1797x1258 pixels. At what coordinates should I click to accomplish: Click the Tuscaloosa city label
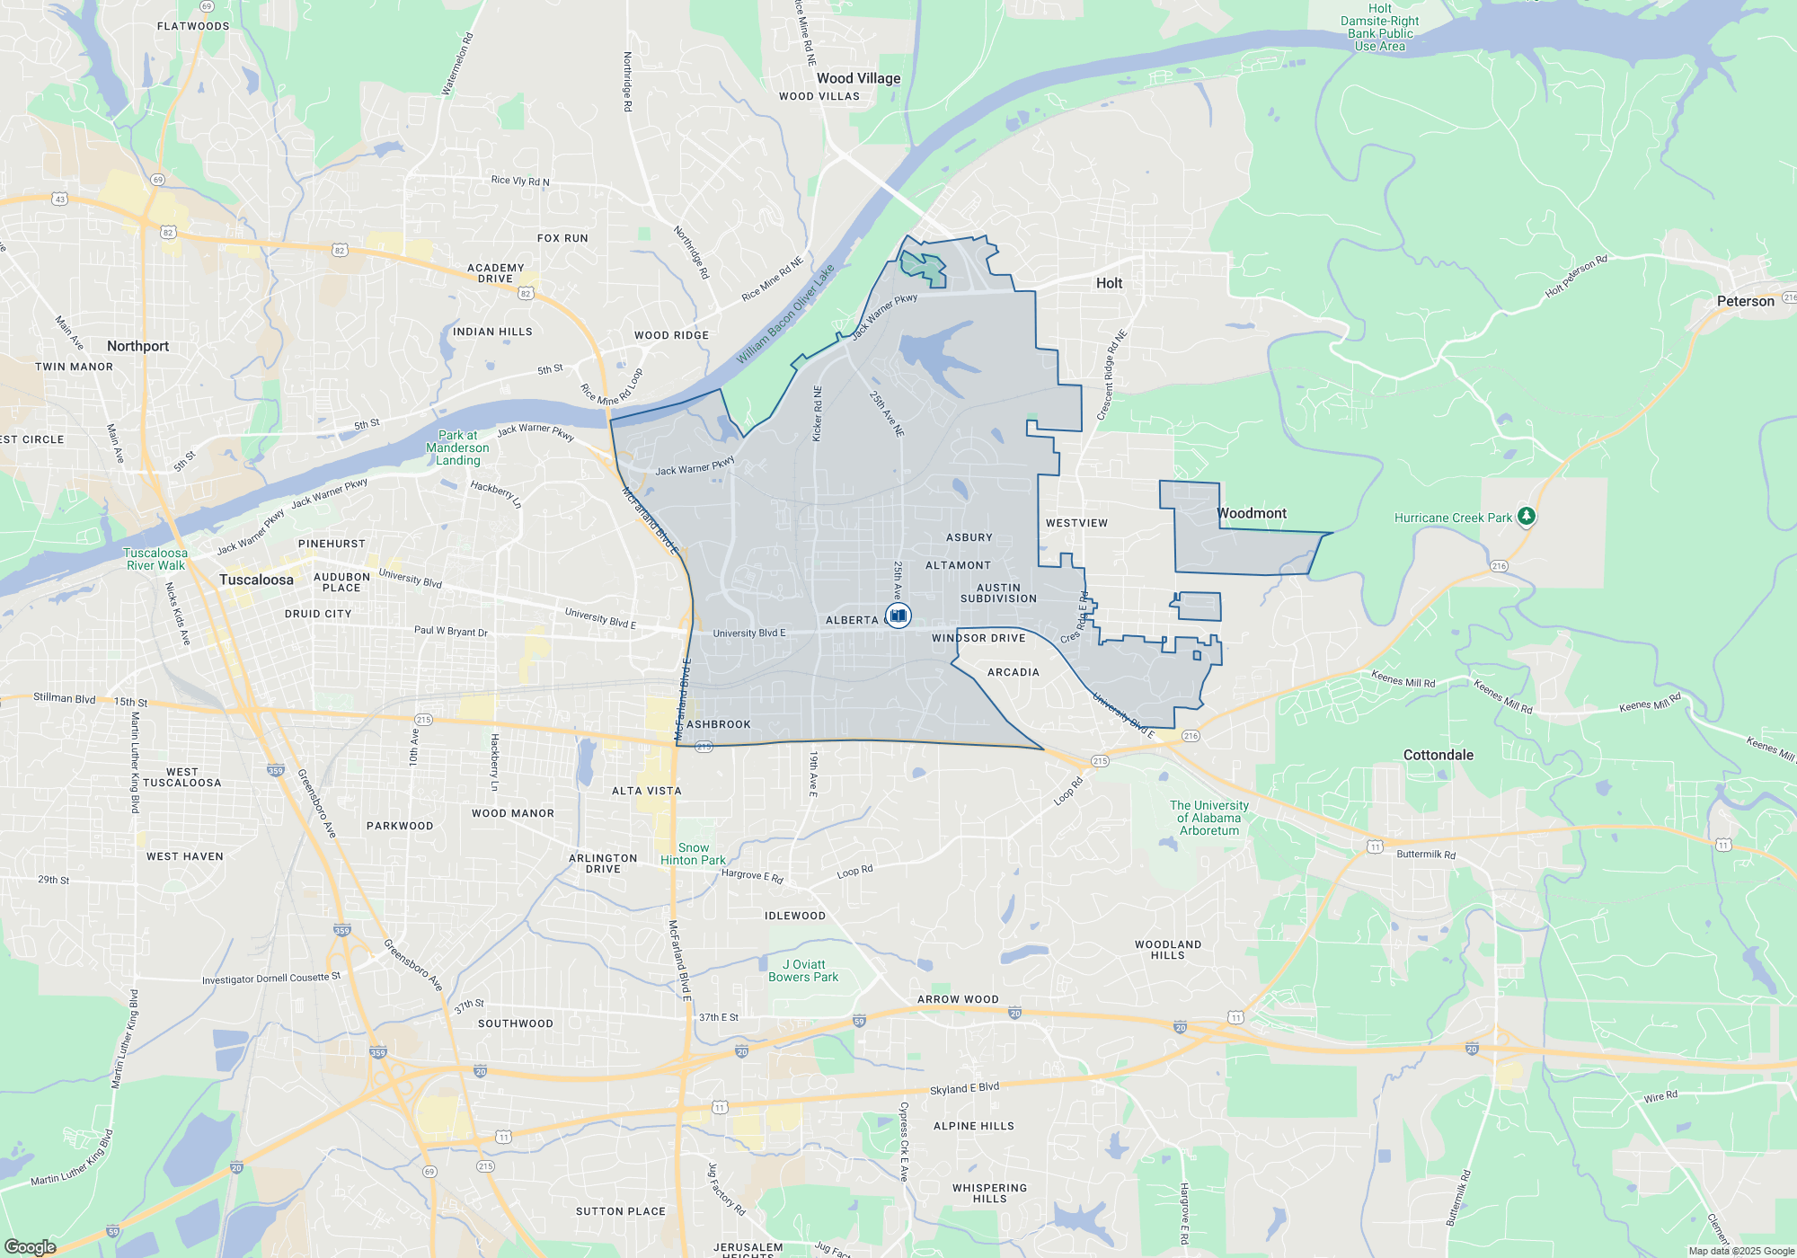coord(256,580)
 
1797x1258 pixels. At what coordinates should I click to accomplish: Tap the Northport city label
coord(137,346)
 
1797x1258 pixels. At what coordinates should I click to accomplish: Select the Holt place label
coord(1109,283)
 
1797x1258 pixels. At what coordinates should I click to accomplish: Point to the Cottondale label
coord(1438,755)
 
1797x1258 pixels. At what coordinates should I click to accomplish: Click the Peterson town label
coord(1745,301)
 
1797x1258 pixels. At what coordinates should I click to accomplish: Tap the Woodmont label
coord(1251,513)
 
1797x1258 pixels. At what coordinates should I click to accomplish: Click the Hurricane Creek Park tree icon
coord(1526,516)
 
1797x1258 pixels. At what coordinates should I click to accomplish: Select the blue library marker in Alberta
coord(898,616)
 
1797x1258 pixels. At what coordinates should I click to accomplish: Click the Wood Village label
coord(858,78)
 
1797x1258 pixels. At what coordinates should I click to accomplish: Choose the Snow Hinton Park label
coord(693,854)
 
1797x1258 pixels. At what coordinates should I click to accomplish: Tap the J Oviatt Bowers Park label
coord(803,970)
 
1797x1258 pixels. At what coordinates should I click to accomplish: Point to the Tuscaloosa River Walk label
coord(155,559)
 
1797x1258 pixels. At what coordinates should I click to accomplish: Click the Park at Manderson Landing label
coord(457,447)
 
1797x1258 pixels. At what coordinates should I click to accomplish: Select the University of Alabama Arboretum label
coord(1208,818)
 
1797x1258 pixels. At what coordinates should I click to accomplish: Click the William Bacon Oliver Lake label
coord(785,314)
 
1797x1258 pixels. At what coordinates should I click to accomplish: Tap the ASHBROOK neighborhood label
coord(718,724)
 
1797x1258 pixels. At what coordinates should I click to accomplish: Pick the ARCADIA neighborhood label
coord(1013,672)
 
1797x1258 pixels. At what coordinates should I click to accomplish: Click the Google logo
coord(30,1246)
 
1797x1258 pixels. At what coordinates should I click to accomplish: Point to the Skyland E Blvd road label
coord(964,1088)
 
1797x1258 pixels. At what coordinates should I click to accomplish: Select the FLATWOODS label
coord(193,26)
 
